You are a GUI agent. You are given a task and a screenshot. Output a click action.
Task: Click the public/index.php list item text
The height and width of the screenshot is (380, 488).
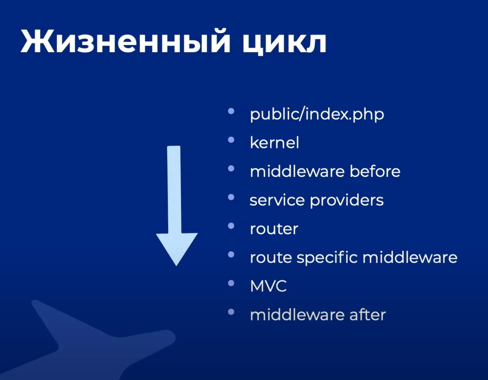click(x=317, y=114)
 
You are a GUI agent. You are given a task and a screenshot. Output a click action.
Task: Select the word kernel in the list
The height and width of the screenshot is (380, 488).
click(x=274, y=142)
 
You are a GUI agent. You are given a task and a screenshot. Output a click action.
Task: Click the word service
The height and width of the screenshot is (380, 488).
click(x=277, y=200)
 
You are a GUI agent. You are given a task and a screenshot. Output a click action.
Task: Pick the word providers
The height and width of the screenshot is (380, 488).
click(x=347, y=200)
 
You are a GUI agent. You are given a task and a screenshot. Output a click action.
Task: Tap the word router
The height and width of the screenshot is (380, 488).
click(x=274, y=229)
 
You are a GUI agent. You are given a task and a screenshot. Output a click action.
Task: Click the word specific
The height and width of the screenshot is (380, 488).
click(x=327, y=257)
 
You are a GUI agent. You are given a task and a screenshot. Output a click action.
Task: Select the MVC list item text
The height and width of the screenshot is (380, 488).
click(x=268, y=286)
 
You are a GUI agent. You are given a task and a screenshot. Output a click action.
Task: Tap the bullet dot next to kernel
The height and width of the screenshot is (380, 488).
click(x=231, y=140)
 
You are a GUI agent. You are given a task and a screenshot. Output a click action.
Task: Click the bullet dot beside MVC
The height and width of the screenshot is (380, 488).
click(x=231, y=283)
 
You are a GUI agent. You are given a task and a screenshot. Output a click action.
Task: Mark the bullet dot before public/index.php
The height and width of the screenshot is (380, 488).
click(x=231, y=111)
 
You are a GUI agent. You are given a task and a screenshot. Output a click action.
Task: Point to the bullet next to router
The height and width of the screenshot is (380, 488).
click(x=231, y=226)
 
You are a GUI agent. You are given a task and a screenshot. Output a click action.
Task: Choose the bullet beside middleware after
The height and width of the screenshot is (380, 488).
click(x=231, y=312)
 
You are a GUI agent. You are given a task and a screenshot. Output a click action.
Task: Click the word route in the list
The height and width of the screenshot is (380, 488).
click(x=271, y=258)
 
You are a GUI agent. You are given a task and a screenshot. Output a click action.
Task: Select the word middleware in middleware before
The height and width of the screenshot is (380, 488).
click(x=297, y=171)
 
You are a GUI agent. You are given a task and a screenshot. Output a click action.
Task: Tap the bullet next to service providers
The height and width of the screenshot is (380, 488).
click(x=231, y=197)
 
